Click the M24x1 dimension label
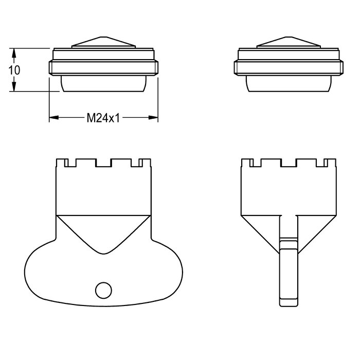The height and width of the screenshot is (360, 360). pos(103,118)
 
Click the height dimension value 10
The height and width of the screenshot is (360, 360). pos(14,70)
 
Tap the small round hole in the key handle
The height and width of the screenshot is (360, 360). pos(103,290)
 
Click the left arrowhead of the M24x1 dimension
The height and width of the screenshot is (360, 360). pos(54,118)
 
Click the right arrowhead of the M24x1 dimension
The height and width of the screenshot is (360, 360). pos(153,118)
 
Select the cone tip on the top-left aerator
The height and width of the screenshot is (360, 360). pos(103,37)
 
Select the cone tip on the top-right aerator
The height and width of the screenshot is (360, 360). pos(289,37)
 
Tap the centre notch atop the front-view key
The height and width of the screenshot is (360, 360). pos(103,163)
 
